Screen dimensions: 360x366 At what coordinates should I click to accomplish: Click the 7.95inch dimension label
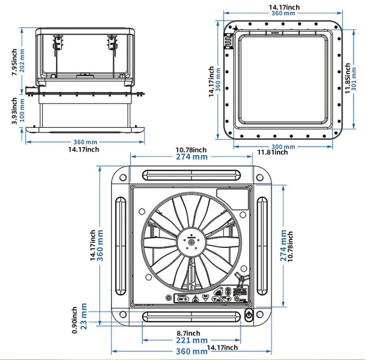pos(14,62)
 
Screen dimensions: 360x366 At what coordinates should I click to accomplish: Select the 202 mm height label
pos(21,62)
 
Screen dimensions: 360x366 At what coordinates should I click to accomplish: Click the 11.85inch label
pos(347,78)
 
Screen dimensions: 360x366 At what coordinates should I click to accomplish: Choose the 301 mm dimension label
pos(355,78)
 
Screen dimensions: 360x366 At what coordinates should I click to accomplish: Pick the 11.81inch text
pos(273,152)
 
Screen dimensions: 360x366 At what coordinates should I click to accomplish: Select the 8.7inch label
pos(188,333)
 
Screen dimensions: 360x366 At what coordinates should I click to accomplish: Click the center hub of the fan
pos(192,242)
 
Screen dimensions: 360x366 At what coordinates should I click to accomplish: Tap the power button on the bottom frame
pos(248,315)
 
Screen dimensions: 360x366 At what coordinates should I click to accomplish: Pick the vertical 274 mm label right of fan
pos(284,245)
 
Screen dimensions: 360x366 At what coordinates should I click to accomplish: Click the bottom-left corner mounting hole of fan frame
pos(123,315)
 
